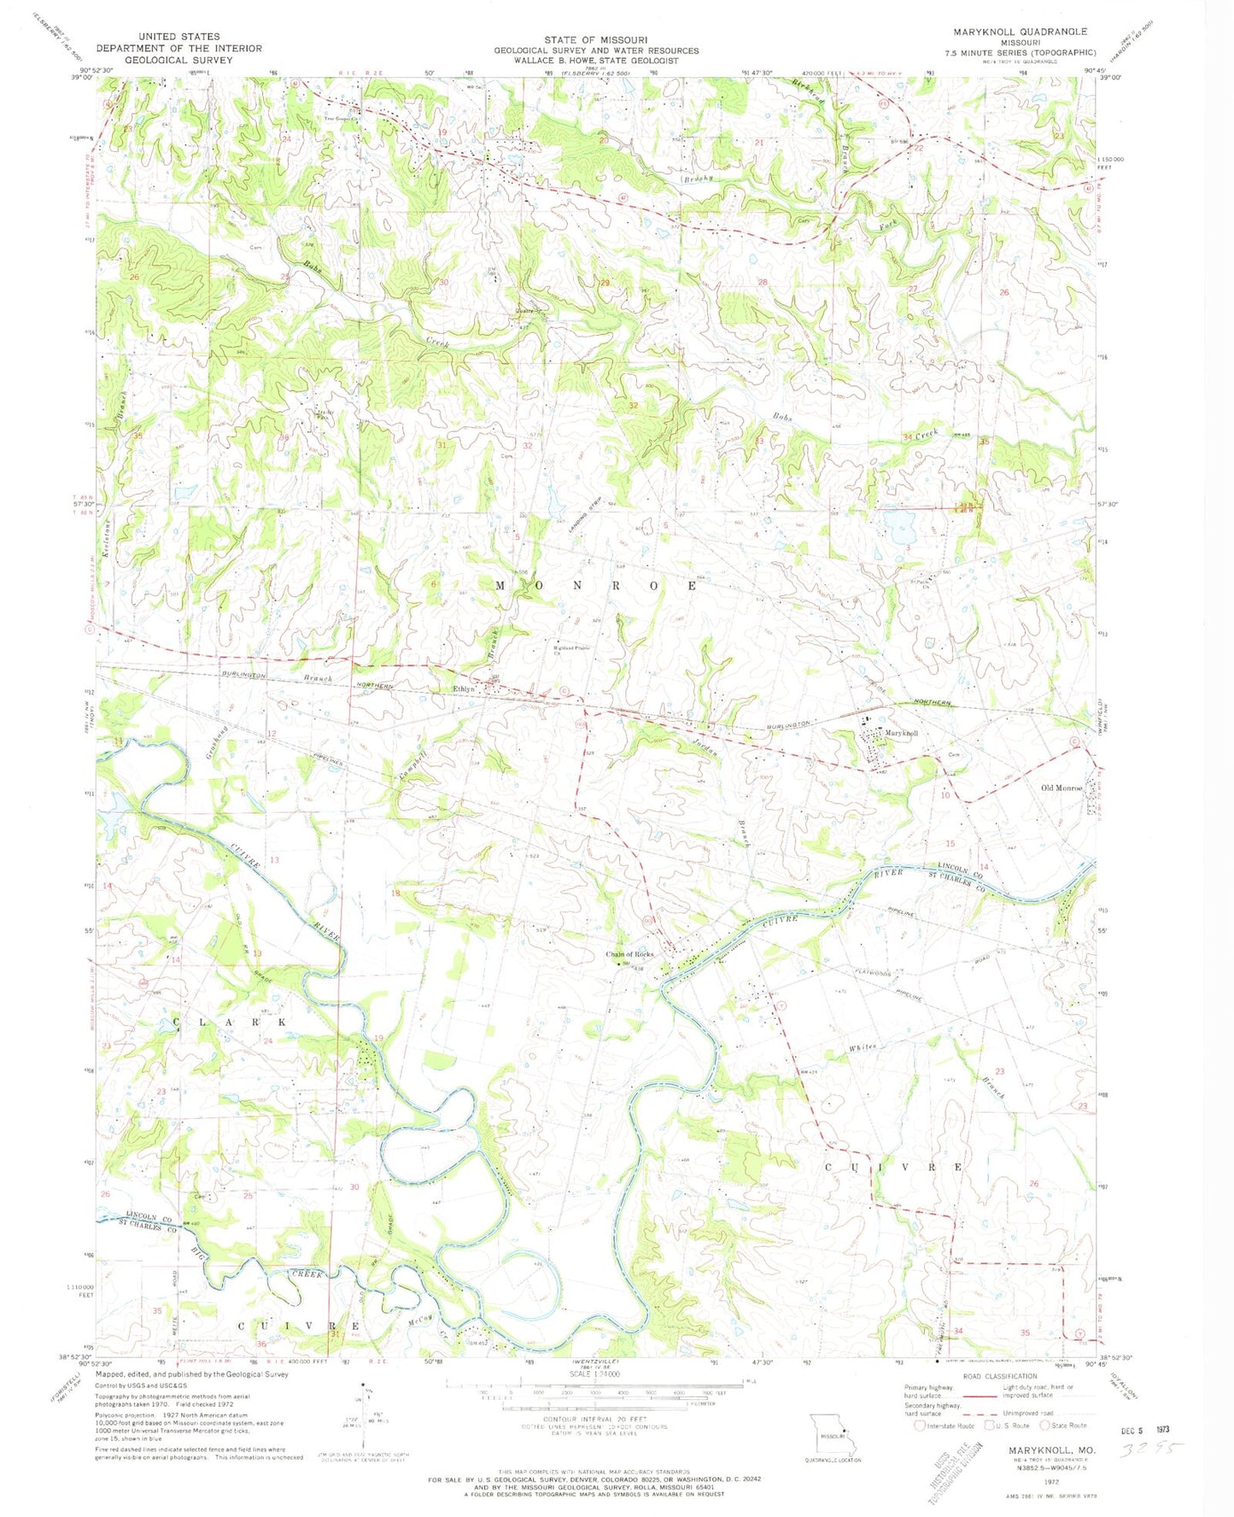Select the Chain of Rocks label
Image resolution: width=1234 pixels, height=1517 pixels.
point(629,954)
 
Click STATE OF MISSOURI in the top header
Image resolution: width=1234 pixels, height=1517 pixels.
point(595,40)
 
